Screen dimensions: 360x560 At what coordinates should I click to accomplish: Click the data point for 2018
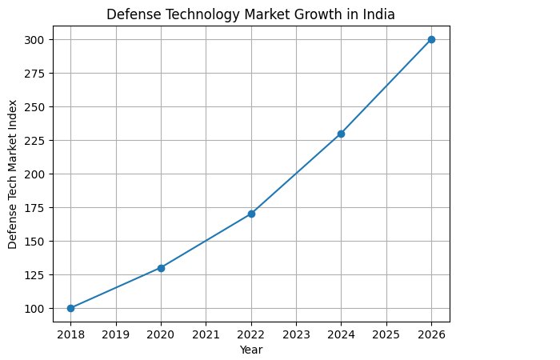point(70,308)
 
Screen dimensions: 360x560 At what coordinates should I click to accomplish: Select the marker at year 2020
point(161,268)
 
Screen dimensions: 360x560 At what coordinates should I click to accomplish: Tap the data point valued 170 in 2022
point(251,214)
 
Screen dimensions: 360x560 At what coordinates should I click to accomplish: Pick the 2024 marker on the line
point(341,134)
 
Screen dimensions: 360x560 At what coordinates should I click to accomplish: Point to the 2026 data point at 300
point(431,39)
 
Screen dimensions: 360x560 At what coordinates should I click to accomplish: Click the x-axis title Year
point(251,350)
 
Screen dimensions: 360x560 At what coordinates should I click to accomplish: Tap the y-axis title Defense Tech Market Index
point(14,174)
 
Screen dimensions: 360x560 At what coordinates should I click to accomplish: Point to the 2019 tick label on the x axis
point(116,334)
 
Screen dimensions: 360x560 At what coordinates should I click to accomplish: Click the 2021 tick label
point(206,334)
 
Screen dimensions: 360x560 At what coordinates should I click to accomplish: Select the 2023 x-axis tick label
point(296,334)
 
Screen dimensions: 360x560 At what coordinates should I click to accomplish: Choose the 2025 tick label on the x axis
point(386,334)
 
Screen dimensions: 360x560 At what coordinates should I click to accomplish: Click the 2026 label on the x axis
point(431,334)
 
